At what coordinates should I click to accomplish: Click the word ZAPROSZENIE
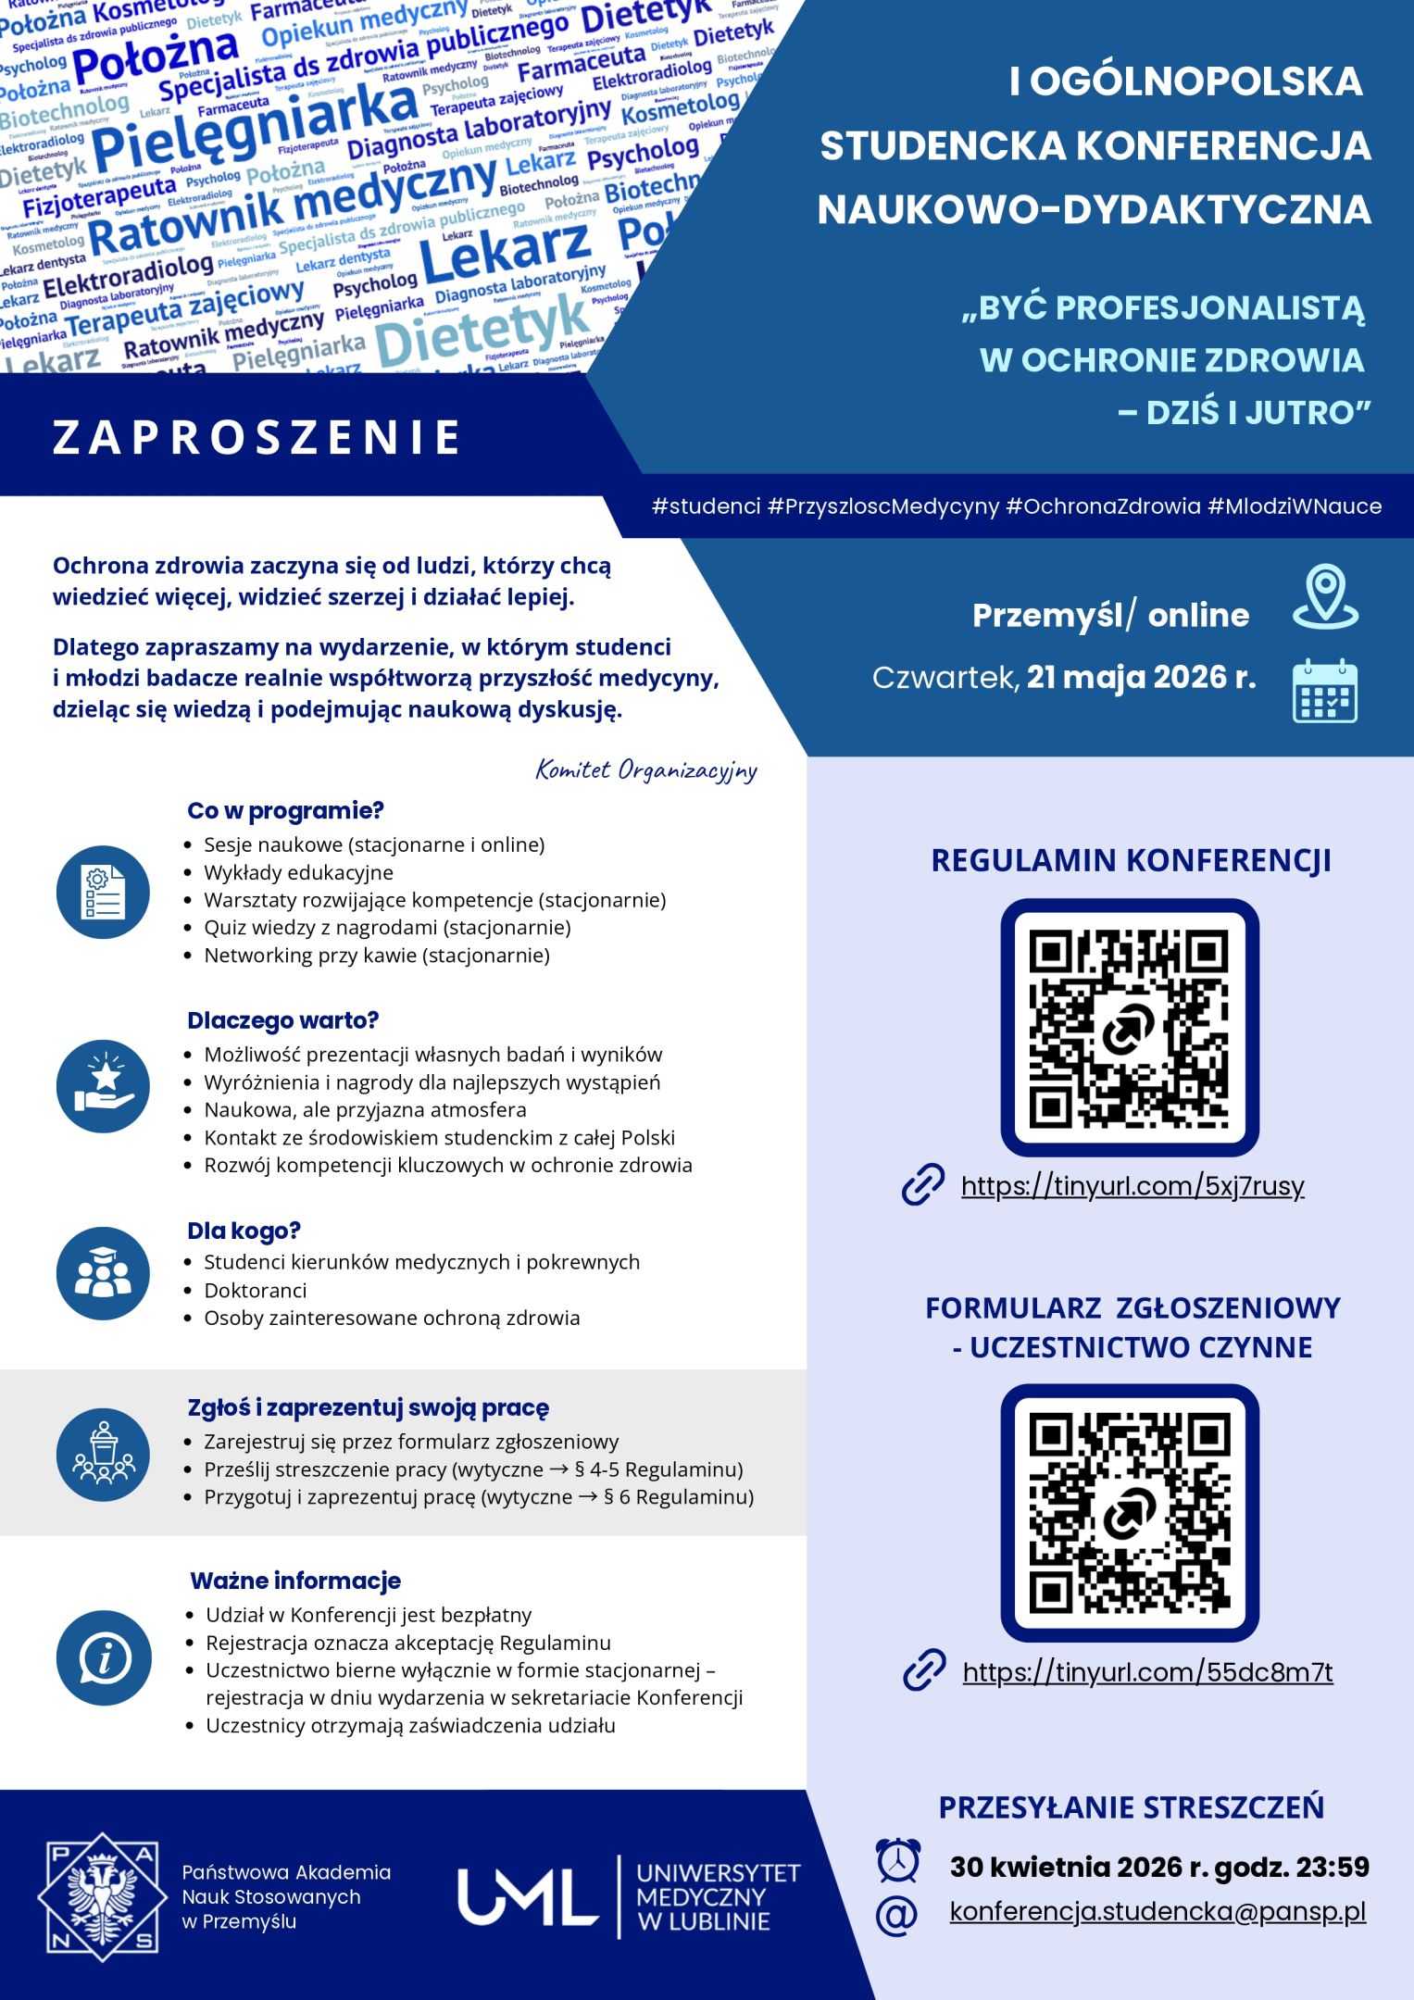(x=257, y=437)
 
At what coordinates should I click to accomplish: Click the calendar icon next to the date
(x=1324, y=691)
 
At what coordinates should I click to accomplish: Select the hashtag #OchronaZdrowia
(x=1102, y=506)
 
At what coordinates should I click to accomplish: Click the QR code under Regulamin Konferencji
(x=1129, y=1027)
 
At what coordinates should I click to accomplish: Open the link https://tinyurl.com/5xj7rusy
(x=1132, y=1186)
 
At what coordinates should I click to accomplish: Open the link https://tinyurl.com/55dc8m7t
(x=1147, y=1671)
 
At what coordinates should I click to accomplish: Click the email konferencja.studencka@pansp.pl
(x=1157, y=1912)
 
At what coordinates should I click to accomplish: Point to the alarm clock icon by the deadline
(x=897, y=1861)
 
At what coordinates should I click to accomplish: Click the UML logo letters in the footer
(x=528, y=1895)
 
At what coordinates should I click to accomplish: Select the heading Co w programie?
(x=285, y=810)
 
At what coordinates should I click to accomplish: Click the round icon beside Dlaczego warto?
(x=103, y=1085)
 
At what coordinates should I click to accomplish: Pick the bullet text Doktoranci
(x=255, y=1290)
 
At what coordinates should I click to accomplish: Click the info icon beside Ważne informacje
(x=103, y=1659)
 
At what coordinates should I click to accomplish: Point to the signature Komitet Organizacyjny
(x=646, y=770)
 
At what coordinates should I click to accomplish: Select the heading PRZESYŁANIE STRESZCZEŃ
(x=1131, y=1806)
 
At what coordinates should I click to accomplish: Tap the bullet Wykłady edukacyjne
(x=298, y=872)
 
